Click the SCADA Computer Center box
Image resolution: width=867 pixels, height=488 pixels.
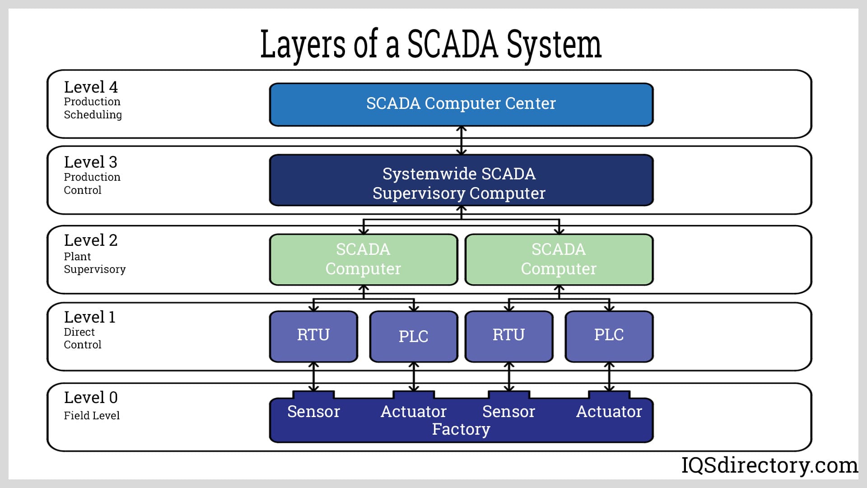(x=461, y=104)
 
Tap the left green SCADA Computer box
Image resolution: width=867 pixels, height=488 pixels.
(x=364, y=259)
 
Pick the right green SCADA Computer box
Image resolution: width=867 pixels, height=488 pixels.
(x=559, y=259)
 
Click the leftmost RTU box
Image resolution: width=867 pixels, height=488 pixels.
(x=313, y=336)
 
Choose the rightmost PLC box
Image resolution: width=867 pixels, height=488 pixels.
(x=609, y=336)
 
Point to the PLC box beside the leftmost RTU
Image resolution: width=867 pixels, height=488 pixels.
(x=414, y=336)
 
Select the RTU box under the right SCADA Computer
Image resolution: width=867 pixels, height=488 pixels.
(x=509, y=336)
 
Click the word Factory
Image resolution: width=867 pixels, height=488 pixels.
(x=461, y=429)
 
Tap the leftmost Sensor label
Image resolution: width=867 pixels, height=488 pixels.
(x=313, y=412)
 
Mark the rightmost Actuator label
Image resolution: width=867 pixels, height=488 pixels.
(x=609, y=412)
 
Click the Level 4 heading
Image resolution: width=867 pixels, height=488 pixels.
(x=91, y=87)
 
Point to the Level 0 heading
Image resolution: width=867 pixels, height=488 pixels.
(x=91, y=398)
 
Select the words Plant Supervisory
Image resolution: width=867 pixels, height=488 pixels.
(x=94, y=263)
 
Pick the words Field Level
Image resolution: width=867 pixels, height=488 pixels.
(x=92, y=416)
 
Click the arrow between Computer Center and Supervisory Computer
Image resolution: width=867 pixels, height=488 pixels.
(x=461, y=141)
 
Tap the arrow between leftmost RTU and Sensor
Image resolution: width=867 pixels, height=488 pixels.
(x=313, y=377)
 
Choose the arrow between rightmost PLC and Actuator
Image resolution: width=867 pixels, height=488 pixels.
(x=609, y=377)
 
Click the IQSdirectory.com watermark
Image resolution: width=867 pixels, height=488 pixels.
(x=769, y=465)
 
